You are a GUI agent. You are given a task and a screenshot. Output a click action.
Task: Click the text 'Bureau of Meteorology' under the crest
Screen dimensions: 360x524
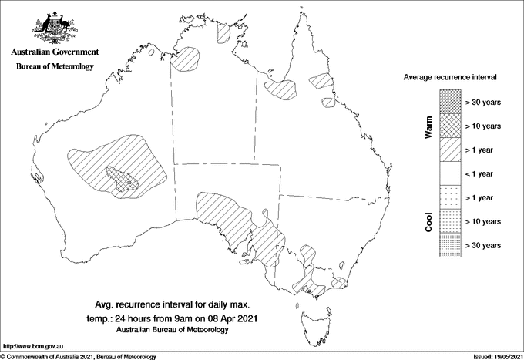55,67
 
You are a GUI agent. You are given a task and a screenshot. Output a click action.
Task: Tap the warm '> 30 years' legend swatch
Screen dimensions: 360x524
449,102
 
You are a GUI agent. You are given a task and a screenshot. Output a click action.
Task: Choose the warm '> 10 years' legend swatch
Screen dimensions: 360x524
449,126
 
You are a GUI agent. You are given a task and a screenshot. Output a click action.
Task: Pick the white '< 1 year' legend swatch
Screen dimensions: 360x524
449,173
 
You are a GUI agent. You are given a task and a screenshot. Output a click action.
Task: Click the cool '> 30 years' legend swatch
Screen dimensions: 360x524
449,244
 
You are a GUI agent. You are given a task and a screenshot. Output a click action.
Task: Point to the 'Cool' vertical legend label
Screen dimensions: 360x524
428,221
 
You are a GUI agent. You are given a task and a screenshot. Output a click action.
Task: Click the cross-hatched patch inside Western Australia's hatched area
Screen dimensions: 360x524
122,179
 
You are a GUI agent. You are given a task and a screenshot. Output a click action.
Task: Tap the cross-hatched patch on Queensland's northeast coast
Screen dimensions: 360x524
320,82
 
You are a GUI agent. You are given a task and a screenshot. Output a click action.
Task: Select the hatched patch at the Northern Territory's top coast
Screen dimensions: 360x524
223,32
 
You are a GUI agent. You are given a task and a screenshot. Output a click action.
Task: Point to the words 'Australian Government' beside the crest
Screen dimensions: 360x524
55,53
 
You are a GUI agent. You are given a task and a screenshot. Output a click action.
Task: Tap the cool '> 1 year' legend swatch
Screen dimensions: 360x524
449,197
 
